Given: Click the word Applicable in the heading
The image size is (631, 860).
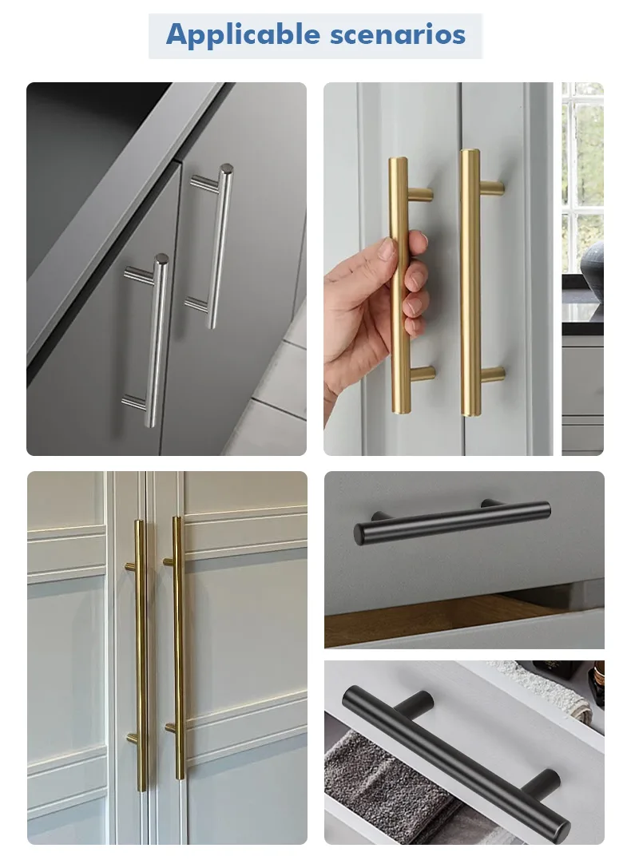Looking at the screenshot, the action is pos(243,35).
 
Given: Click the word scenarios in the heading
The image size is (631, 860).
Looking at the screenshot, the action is pos(398,34).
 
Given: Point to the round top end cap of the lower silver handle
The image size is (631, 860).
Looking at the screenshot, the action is pos(161,259).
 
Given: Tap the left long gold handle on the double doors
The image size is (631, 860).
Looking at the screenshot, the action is pos(140,656).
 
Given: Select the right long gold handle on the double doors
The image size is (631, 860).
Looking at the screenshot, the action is pos(178,647).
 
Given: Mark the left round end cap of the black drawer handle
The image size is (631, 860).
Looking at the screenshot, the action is pos(360,534).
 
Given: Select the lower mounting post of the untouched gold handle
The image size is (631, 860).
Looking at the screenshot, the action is pos(491,375).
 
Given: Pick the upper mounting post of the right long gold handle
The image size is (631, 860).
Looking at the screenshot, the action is pos(169,561).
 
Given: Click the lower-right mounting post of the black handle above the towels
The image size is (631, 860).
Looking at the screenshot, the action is pos(541,786).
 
